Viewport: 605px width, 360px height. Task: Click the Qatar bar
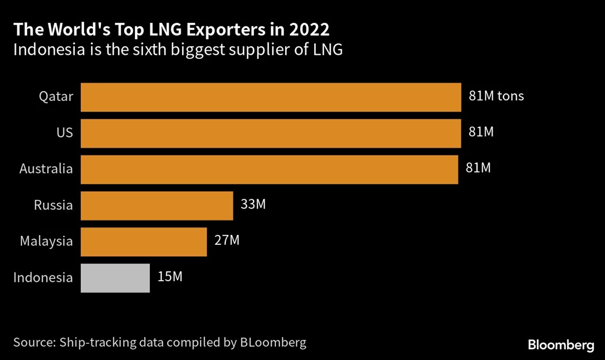click(x=271, y=97)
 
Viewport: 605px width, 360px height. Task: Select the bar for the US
click(x=271, y=133)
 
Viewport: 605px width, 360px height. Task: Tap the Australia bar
click(x=269, y=169)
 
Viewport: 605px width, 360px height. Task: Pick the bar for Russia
click(x=157, y=206)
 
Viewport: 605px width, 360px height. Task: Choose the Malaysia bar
click(x=143, y=241)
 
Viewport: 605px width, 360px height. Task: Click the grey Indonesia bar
click(x=115, y=278)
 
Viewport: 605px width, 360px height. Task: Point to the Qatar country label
click(x=56, y=97)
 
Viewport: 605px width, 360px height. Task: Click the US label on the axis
click(x=65, y=133)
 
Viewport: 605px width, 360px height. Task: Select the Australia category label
click(x=46, y=169)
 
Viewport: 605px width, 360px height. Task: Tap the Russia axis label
click(x=54, y=206)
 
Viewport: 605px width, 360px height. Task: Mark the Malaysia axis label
click(x=46, y=241)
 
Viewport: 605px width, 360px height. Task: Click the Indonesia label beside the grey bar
click(x=43, y=278)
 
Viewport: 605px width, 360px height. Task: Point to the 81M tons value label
click(x=496, y=96)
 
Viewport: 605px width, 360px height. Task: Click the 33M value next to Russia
click(x=253, y=204)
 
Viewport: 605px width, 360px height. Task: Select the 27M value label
click(x=226, y=240)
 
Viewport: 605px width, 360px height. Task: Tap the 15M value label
click(x=169, y=277)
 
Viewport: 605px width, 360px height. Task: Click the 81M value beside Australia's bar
click(x=478, y=168)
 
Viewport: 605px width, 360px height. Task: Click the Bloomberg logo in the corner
click(x=561, y=345)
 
